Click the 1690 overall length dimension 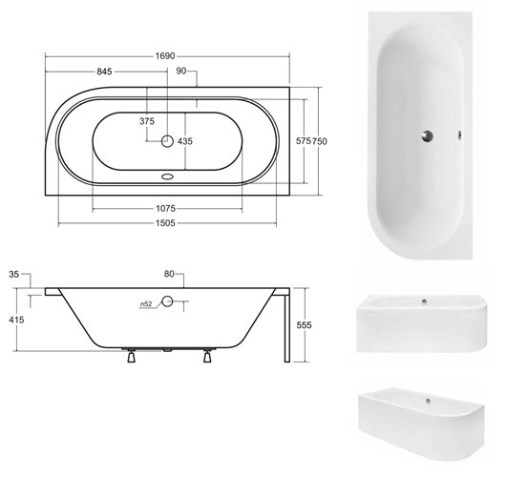click(x=165, y=56)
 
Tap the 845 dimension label click(x=104, y=72)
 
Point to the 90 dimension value click(x=181, y=71)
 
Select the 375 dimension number click(x=147, y=121)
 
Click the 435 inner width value click(x=185, y=141)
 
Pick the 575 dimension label click(x=304, y=140)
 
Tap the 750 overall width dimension click(x=320, y=141)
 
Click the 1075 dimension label click(x=165, y=208)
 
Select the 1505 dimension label click(x=165, y=223)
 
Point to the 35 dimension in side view click(x=14, y=275)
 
